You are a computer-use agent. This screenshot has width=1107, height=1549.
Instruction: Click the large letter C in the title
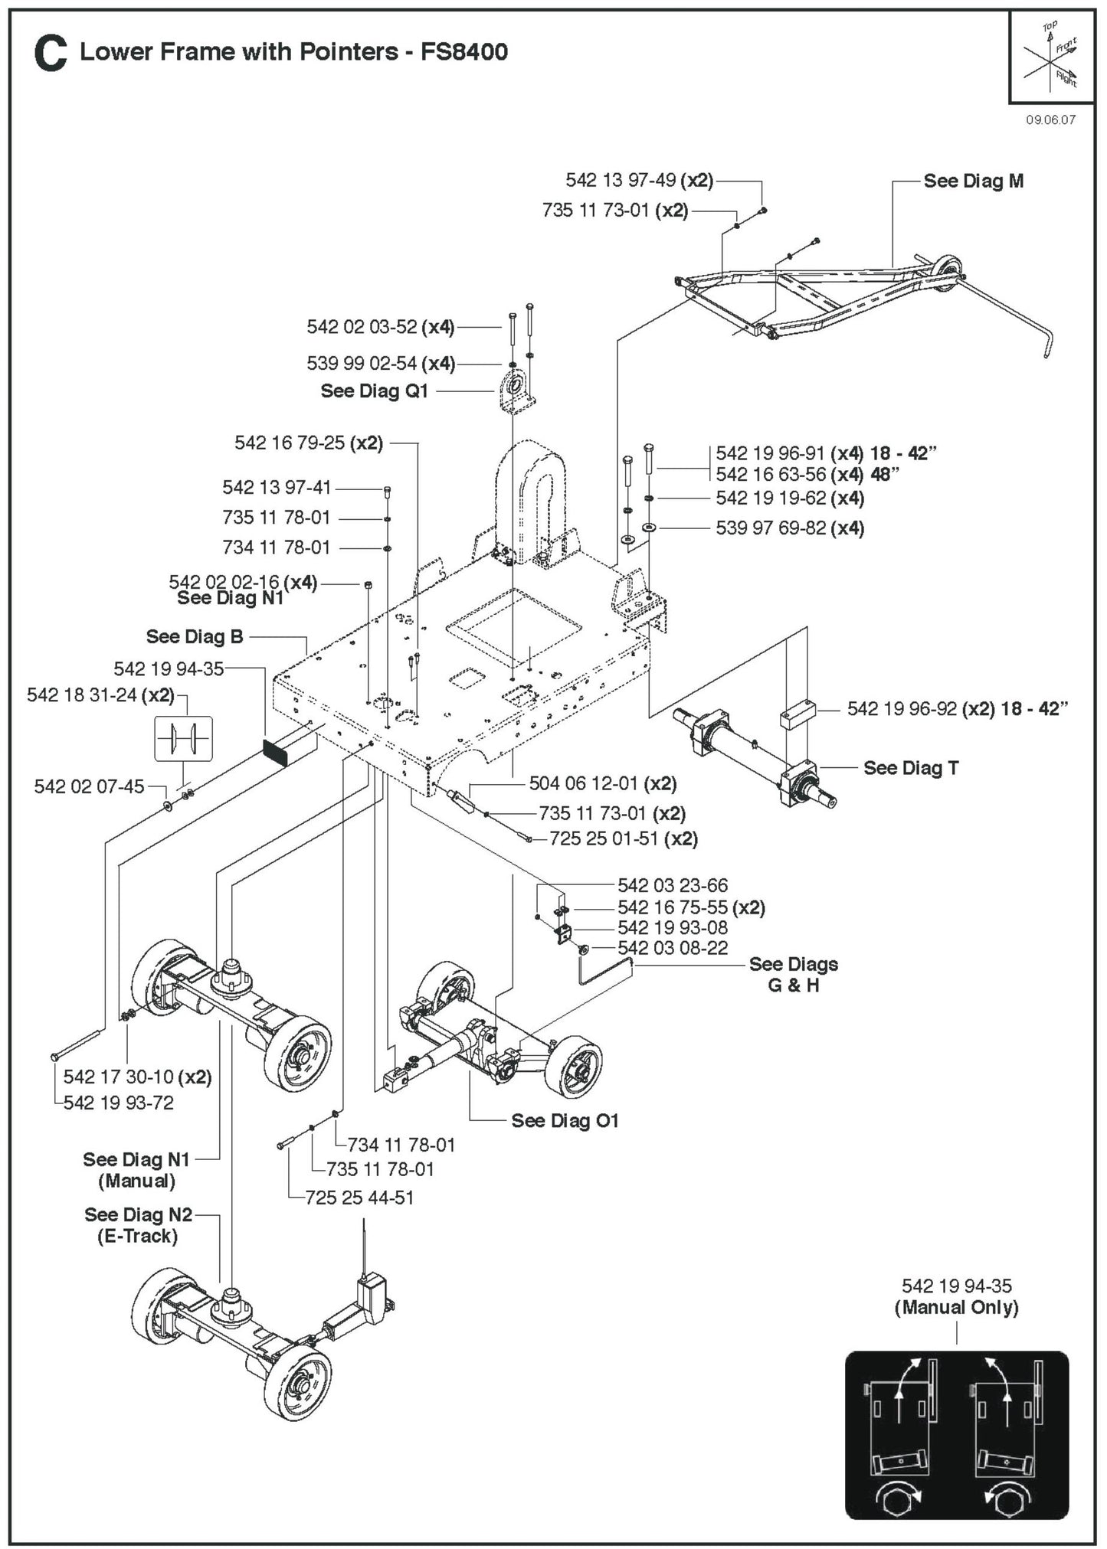click(51, 54)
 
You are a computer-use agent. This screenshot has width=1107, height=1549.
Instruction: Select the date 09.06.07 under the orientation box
click(1050, 120)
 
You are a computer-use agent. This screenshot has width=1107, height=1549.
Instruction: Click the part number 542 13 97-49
click(621, 180)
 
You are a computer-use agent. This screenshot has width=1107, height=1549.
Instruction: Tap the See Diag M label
click(973, 181)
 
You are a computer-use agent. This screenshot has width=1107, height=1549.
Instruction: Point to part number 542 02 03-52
click(362, 327)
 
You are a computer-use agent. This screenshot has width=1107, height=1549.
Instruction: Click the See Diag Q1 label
click(374, 391)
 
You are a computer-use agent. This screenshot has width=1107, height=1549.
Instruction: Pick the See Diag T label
click(910, 768)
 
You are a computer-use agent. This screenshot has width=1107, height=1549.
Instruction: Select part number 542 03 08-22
click(673, 948)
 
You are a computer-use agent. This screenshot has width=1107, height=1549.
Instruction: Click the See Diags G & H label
click(793, 975)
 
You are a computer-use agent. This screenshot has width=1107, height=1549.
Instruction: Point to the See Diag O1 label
click(564, 1121)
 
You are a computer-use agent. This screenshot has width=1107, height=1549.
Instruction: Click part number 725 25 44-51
click(359, 1198)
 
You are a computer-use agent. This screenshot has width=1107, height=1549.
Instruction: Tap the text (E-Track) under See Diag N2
click(137, 1236)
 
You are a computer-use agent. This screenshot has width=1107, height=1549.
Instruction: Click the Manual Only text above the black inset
click(956, 1307)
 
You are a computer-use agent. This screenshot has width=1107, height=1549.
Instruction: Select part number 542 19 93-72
click(118, 1103)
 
